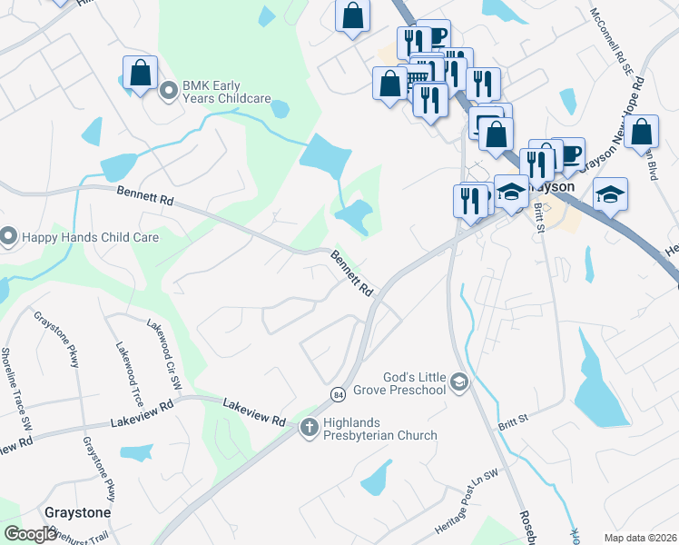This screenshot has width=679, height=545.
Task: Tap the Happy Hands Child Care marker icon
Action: pyautogui.click(x=8, y=238)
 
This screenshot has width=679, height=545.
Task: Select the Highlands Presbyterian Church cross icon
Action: pyautogui.click(x=309, y=425)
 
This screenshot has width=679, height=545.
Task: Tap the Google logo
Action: pyautogui.click(x=31, y=534)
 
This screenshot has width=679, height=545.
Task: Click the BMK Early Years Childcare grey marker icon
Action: pyautogui.click(x=168, y=91)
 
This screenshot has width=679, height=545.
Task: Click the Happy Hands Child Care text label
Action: pyautogui.click(x=90, y=238)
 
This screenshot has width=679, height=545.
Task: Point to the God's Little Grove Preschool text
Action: pyautogui.click(x=400, y=383)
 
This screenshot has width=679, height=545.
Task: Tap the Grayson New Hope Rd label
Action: pyautogui.click(x=609, y=124)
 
